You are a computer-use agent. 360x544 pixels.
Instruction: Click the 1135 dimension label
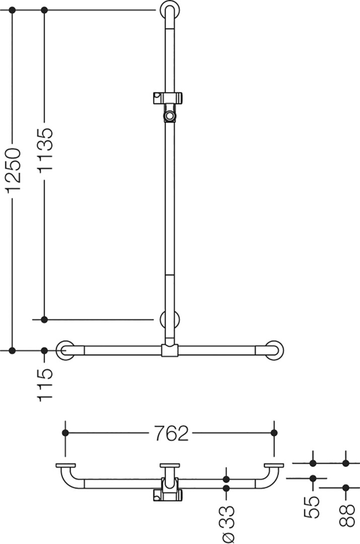click(45, 150)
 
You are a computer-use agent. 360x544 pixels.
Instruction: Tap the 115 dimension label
click(45, 385)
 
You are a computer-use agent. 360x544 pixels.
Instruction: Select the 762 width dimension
click(172, 433)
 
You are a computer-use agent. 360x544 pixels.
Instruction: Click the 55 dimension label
click(312, 507)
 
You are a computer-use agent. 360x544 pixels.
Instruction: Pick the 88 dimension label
click(347, 515)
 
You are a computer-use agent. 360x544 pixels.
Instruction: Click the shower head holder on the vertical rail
click(168, 106)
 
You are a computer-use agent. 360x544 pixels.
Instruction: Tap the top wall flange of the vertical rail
click(170, 11)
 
